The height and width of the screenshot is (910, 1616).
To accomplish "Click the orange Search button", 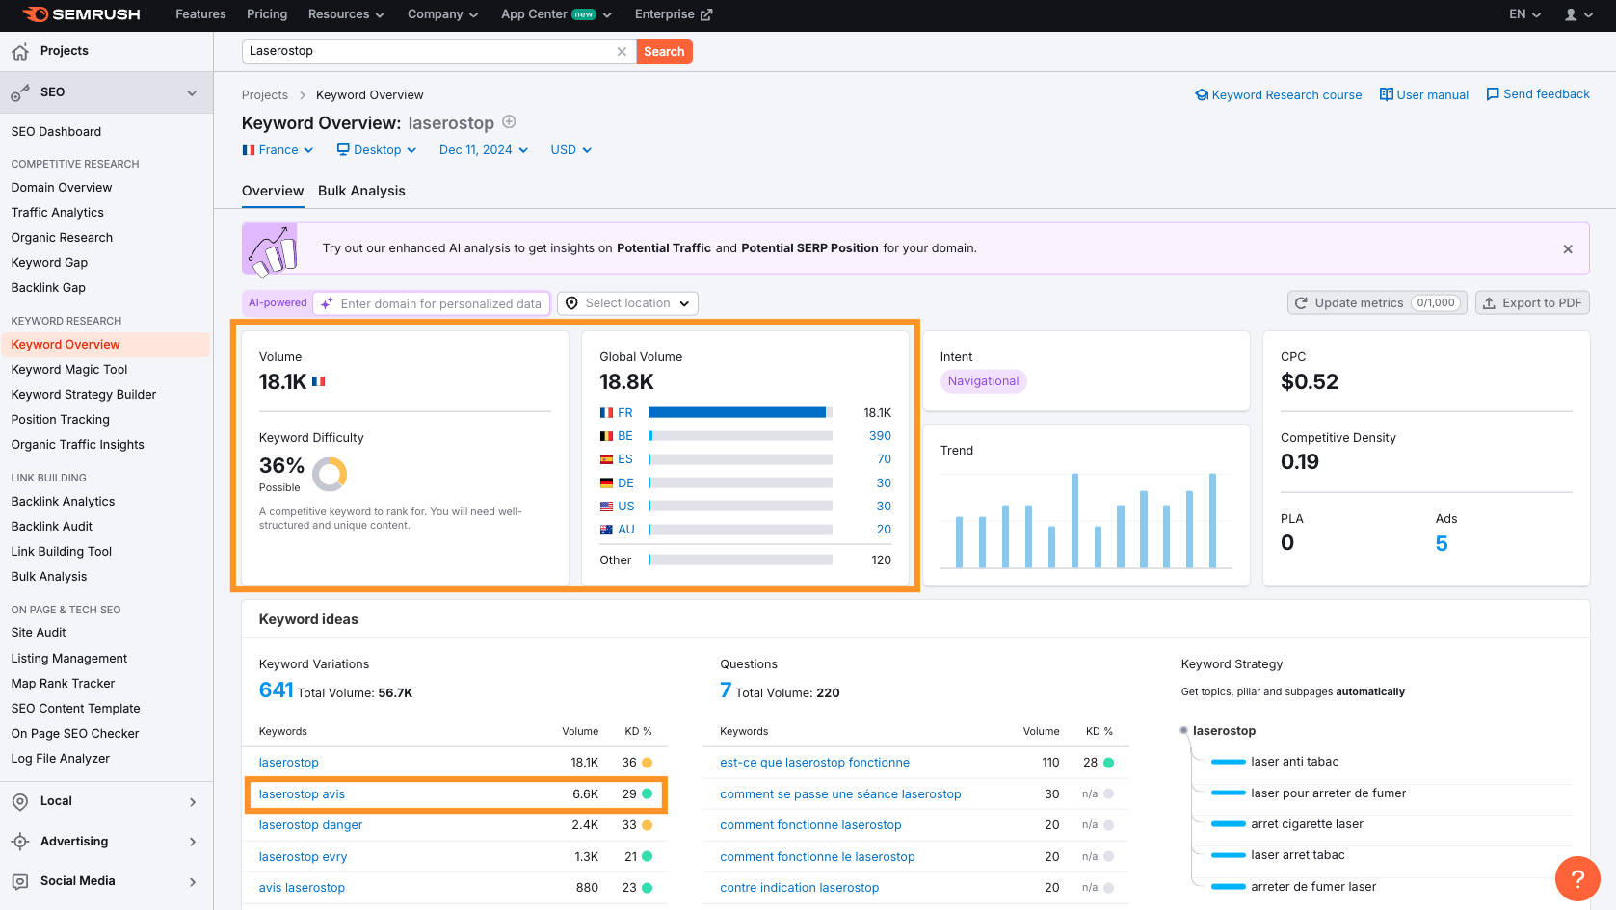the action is pos(664,51).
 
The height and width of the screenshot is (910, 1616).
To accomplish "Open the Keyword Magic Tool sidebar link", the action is pos(69,369).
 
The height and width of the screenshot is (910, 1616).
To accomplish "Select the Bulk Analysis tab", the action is pos(361,191).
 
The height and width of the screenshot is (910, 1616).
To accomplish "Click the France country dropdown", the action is pos(278,150).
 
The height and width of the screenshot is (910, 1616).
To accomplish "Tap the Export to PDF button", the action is pos(1532,303).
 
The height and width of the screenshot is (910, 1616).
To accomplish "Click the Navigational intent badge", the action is pos(983,380).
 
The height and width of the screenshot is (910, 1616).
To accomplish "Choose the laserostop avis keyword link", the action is pos(302,793).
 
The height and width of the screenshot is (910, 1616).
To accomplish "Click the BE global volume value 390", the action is pos(880,435).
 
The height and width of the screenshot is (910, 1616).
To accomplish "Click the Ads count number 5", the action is pos(1442,544).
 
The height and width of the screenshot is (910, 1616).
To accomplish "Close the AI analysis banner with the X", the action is pos(1568,249).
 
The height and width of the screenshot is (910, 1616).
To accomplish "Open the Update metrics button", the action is pos(1376,303).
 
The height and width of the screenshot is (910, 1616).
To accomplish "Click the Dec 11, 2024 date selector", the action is pos(484,150).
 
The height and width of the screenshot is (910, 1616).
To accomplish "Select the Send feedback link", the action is pos(1538,94).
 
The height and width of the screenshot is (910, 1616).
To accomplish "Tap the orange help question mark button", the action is pos(1577,878).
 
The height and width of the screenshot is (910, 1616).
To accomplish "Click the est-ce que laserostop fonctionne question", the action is pos(814,762).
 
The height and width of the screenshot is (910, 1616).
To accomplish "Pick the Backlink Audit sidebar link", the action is pos(51,527).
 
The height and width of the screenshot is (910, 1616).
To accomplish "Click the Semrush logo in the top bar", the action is pos(81,14).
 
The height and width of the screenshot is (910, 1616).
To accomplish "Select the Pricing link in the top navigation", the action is pos(267,14).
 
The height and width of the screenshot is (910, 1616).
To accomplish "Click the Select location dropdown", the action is pos(627,303).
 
